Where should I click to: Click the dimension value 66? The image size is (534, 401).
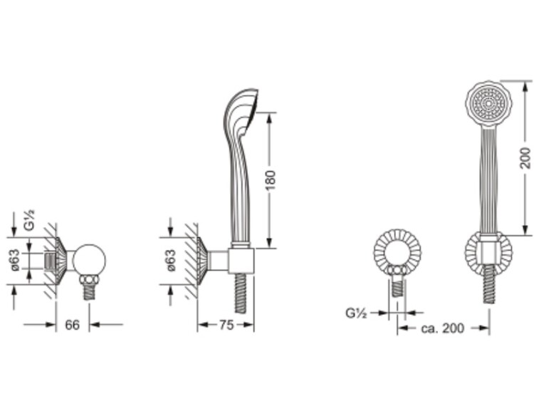72,325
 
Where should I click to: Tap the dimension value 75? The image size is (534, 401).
226,325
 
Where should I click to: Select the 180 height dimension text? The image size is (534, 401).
270,181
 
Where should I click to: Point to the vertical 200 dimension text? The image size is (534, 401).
526,157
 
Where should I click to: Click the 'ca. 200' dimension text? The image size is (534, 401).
442,328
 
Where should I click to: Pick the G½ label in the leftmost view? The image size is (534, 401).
30,220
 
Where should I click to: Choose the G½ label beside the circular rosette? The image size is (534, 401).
356,313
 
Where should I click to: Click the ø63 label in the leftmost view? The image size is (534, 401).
16,260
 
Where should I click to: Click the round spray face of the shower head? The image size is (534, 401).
488,103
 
